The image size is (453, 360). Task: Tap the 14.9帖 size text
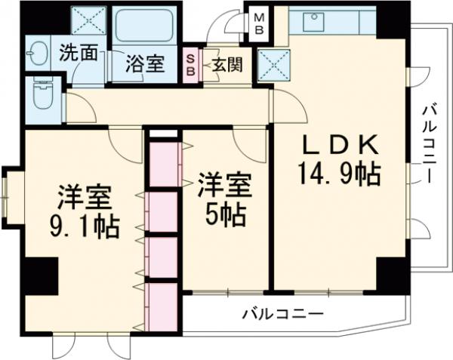(338, 176)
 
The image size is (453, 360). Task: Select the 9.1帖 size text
(85, 227)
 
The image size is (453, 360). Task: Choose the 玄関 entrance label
(226, 64)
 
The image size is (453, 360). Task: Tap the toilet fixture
(40, 97)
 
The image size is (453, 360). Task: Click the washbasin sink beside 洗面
(37, 54)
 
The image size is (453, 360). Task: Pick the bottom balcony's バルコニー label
(283, 313)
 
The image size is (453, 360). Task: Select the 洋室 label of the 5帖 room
(224, 184)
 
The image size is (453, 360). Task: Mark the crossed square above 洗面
(88, 20)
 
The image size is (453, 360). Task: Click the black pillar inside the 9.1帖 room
(40, 275)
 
